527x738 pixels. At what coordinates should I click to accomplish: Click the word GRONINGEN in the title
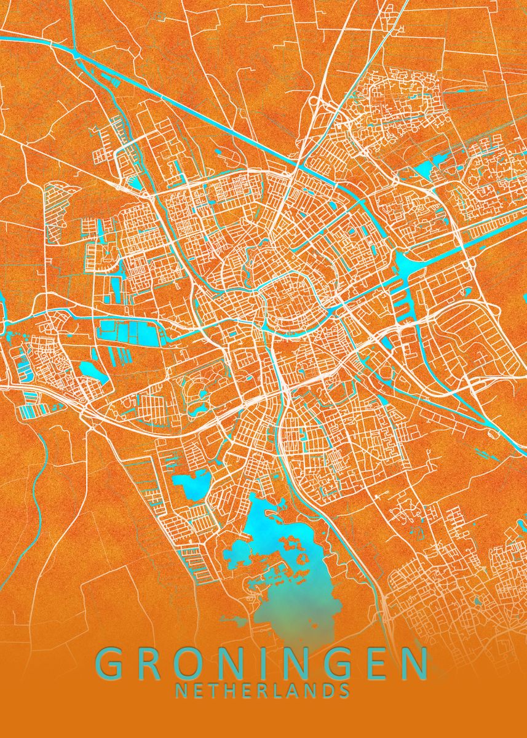click(263, 665)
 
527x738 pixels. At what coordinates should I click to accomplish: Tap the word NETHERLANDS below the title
click(263, 691)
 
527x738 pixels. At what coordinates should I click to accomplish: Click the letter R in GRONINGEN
click(153, 665)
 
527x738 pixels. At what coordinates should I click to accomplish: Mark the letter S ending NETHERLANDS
click(345, 691)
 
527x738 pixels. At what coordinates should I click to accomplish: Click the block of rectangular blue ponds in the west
click(126, 332)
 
